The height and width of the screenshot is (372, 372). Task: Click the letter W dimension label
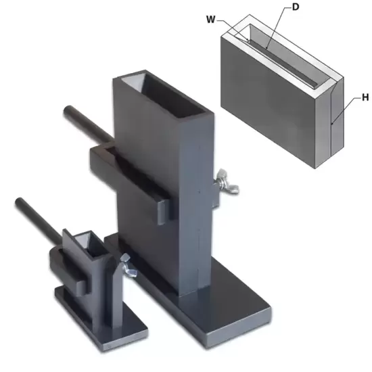click(210, 20)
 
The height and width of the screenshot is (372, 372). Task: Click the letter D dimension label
click(296, 7)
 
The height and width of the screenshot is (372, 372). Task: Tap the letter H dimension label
click(365, 97)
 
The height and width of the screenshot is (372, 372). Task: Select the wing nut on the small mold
click(128, 265)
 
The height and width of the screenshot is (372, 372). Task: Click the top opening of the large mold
click(164, 95)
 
